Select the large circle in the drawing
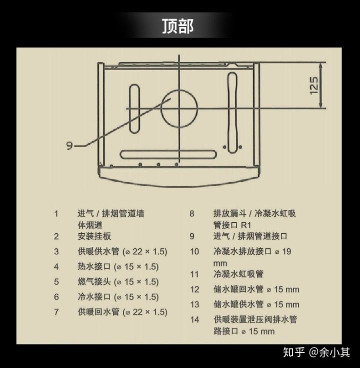(179, 108)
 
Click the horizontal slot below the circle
(169, 154)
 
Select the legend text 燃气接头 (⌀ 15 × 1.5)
(118, 281)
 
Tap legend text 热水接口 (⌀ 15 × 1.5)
(118, 266)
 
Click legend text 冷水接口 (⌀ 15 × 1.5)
(118, 296)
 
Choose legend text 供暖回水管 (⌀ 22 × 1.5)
(122, 312)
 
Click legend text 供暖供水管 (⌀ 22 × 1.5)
(122, 251)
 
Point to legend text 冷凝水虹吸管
(238, 274)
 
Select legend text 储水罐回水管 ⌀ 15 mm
(256, 289)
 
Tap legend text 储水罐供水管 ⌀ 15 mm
(256, 304)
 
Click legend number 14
(194, 319)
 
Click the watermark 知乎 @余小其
(316, 352)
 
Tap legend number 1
(56, 213)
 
